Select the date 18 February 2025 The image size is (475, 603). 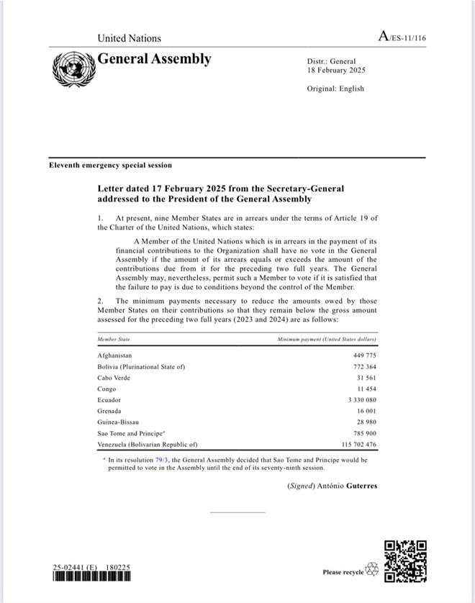click(x=336, y=71)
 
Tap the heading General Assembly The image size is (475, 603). click(x=154, y=59)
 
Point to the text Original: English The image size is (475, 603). click(x=335, y=89)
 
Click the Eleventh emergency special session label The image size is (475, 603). click(x=110, y=166)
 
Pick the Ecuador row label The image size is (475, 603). click(x=109, y=399)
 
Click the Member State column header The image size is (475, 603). click(x=114, y=338)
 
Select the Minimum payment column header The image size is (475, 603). click(x=327, y=338)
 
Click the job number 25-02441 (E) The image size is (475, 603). click(x=75, y=568)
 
